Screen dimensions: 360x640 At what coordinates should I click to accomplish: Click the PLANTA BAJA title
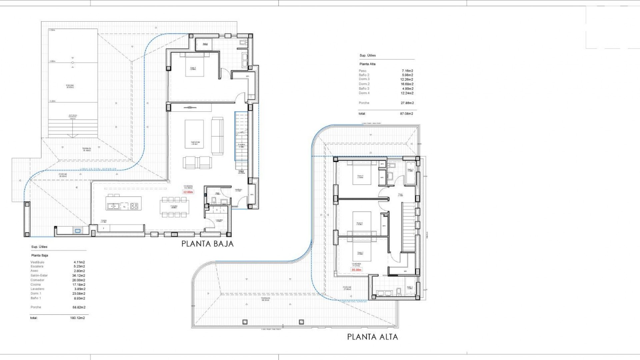207,244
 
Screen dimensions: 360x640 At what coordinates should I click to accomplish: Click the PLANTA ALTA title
372,337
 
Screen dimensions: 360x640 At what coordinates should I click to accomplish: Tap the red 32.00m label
188,192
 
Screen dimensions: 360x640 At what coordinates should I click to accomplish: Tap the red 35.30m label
356,270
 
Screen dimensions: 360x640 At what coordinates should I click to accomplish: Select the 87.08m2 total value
407,114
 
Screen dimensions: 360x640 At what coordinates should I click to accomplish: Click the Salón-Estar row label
39,276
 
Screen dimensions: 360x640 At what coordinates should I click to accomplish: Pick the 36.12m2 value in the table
79,276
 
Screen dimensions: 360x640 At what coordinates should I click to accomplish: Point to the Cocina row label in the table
36,285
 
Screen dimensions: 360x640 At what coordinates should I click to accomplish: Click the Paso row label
362,71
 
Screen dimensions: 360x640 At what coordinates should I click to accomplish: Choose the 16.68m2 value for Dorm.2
407,84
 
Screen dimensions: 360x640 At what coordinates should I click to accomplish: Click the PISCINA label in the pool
70,86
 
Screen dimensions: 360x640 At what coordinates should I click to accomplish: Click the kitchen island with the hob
124,203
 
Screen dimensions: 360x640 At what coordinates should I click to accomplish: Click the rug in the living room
194,134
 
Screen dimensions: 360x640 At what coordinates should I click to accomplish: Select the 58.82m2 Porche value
79,307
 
